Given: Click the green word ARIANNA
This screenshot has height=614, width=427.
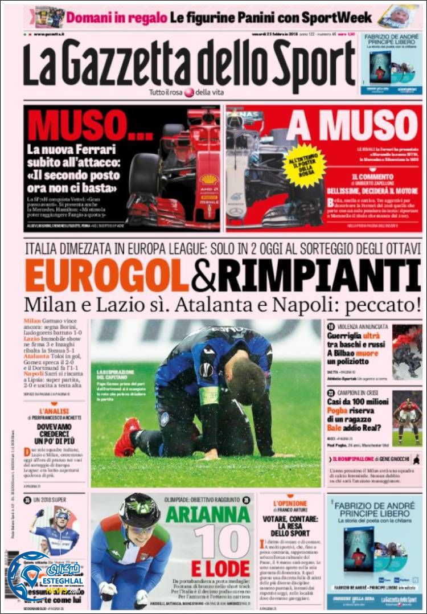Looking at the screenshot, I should coord(208,514).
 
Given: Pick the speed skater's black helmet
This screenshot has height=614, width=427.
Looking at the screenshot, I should coord(139,511).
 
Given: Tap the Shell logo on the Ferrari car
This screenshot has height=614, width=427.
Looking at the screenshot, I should coord(209,179).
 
